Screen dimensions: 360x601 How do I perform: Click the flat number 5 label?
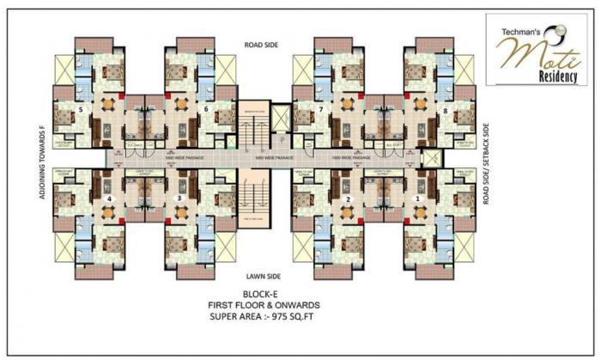[80, 111]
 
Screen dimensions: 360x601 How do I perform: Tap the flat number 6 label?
[207, 109]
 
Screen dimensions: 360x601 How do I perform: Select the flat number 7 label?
[319, 111]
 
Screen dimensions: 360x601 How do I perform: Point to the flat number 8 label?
[446, 111]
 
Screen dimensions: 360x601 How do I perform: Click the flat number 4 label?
[110, 199]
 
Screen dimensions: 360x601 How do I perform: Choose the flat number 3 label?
[179, 199]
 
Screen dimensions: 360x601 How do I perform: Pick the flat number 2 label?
[349, 199]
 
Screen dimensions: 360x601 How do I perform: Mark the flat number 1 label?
[418, 199]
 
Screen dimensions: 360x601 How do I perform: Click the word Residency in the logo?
[539, 75]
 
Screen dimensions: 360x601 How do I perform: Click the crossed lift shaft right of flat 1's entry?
[432, 158]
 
